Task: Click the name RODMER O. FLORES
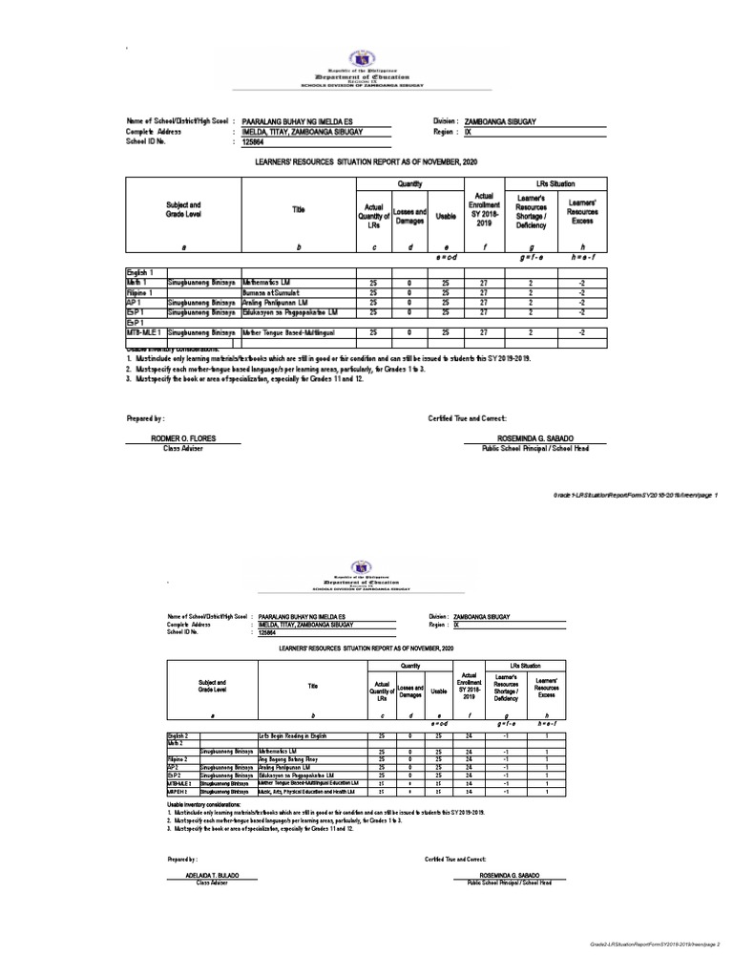[x=184, y=438]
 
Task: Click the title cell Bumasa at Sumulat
[x=272, y=292]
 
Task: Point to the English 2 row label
[x=178, y=736]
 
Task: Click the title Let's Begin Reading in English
[x=293, y=736]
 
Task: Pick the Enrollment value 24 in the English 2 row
[x=469, y=736]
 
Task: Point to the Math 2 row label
[x=176, y=744]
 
